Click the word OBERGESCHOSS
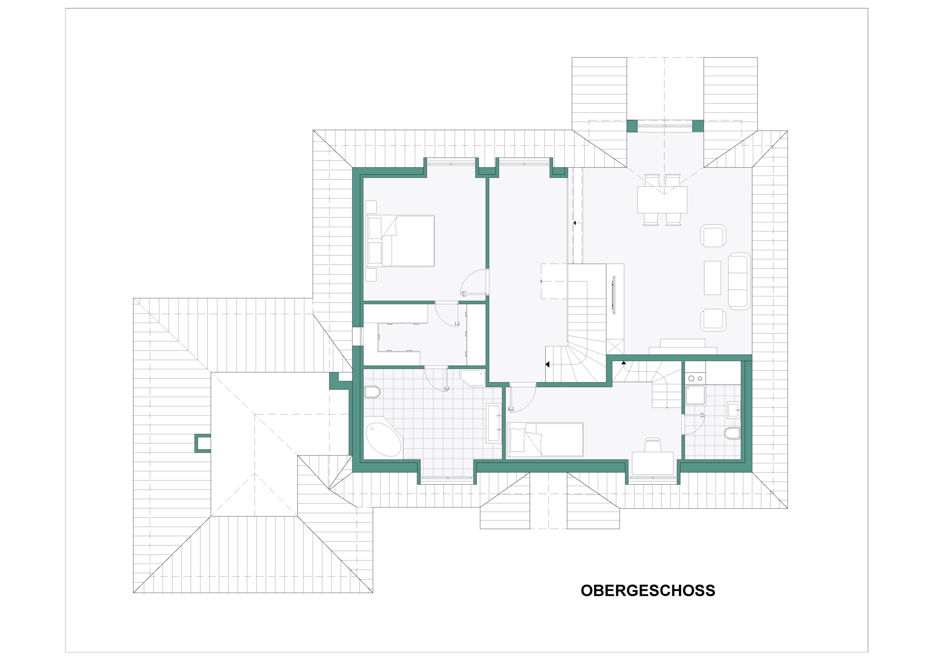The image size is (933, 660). [648, 590]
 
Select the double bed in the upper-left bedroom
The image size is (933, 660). [400, 241]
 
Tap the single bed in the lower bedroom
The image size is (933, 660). [545, 440]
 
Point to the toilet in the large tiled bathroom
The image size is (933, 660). [372, 392]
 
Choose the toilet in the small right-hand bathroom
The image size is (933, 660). [732, 434]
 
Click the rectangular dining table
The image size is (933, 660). [662, 200]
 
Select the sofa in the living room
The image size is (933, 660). [739, 281]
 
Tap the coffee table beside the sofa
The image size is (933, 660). [713, 278]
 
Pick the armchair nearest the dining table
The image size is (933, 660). [713, 236]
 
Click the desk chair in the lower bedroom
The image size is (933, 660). [653, 445]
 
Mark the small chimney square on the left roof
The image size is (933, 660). [203, 444]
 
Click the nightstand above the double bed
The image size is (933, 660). [371, 207]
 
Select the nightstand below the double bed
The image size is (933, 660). [371, 275]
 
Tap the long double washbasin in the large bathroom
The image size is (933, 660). [494, 423]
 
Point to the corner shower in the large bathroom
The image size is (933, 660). [473, 378]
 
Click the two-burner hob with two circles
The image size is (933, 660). [695, 378]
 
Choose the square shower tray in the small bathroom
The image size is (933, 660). [695, 395]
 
